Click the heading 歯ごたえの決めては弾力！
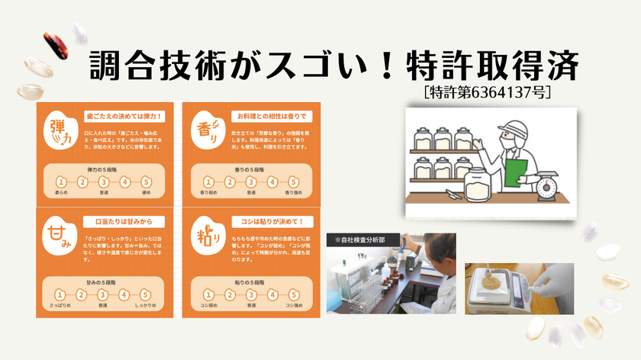(124, 116)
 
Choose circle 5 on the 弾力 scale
(147, 182)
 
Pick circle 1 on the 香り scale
(206, 182)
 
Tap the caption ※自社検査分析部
(354, 241)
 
